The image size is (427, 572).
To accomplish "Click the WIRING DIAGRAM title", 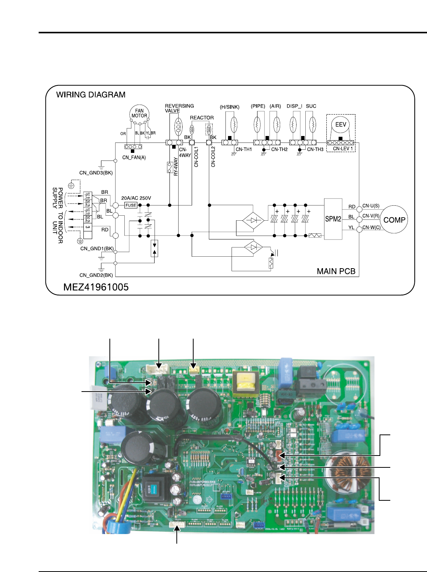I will [91, 95].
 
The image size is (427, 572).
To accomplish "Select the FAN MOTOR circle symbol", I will [139, 113].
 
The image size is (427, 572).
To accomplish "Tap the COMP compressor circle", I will [394, 220].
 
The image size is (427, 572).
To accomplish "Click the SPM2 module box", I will [333, 219].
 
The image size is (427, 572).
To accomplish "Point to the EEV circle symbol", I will [341, 125].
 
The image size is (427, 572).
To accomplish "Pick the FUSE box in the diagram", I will [131, 205].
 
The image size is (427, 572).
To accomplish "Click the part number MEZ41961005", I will [96, 287].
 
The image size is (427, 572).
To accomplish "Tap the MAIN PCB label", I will [336, 271].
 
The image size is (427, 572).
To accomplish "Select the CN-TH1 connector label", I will [244, 149].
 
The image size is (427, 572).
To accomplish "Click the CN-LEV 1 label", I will [343, 149].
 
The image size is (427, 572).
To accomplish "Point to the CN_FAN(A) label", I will [134, 157].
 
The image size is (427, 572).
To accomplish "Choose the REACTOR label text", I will [202, 118].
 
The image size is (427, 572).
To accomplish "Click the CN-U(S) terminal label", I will [371, 206].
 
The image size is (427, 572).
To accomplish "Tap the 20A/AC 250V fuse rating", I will [136, 198].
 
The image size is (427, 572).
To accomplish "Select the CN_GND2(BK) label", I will [96, 275].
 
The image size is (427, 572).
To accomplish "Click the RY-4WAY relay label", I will [176, 167].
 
